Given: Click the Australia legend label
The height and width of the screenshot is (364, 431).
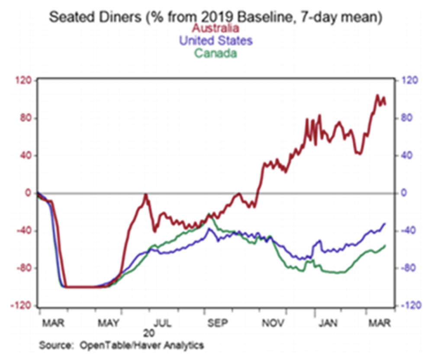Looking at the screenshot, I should tap(215, 29).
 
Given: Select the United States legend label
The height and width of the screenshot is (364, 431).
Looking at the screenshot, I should tap(215, 41).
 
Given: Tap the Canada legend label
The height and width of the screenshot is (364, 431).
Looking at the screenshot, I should tap(215, 54).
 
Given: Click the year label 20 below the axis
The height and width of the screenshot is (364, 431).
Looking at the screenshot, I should tap(149, 334).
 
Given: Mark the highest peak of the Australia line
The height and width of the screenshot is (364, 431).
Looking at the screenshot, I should tap(377, 95).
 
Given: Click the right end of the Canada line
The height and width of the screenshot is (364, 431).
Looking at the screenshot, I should tap(385, 245).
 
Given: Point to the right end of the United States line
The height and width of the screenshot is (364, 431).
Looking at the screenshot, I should tap(385, 224).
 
